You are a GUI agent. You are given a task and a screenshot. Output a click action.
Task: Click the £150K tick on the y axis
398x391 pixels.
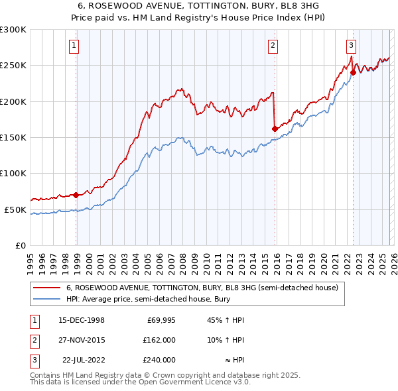click(13, 137)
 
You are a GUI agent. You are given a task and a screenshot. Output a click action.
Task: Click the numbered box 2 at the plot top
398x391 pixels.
click(273, 46)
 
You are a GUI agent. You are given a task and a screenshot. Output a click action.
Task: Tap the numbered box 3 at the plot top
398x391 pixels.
click(351, 46)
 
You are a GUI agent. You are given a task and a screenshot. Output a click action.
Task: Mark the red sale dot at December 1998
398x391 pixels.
click(76, 195)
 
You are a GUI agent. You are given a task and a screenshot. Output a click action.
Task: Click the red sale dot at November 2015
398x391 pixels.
click(275, 129)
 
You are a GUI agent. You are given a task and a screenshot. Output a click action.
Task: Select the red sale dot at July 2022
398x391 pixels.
click(353, 73)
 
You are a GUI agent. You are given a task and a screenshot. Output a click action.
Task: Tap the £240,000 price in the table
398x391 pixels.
click(159, 360)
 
